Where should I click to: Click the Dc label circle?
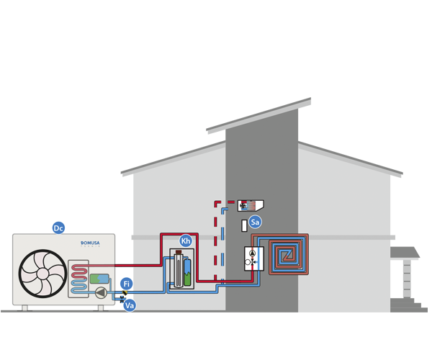click(58, 228)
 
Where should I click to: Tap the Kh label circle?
click(186, 241)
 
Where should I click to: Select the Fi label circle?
click(127, 284)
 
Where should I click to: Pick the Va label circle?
click(130, 305)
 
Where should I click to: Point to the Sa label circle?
click(255, 222)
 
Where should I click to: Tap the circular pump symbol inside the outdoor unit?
click(100, 292)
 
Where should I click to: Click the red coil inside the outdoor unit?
click(79, 275)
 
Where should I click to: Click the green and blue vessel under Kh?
click(188, 272)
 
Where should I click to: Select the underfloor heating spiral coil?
click(288, 253)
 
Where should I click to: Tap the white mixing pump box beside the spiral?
click(254, 258)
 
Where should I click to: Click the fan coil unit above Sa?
click(250, 206)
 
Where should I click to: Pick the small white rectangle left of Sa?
click(244, 225)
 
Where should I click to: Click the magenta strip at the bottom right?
click(411, 317)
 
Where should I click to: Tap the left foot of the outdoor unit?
click(24, 308)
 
